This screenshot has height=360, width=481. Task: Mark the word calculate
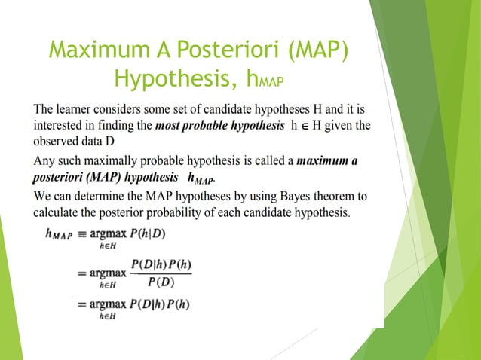60,212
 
